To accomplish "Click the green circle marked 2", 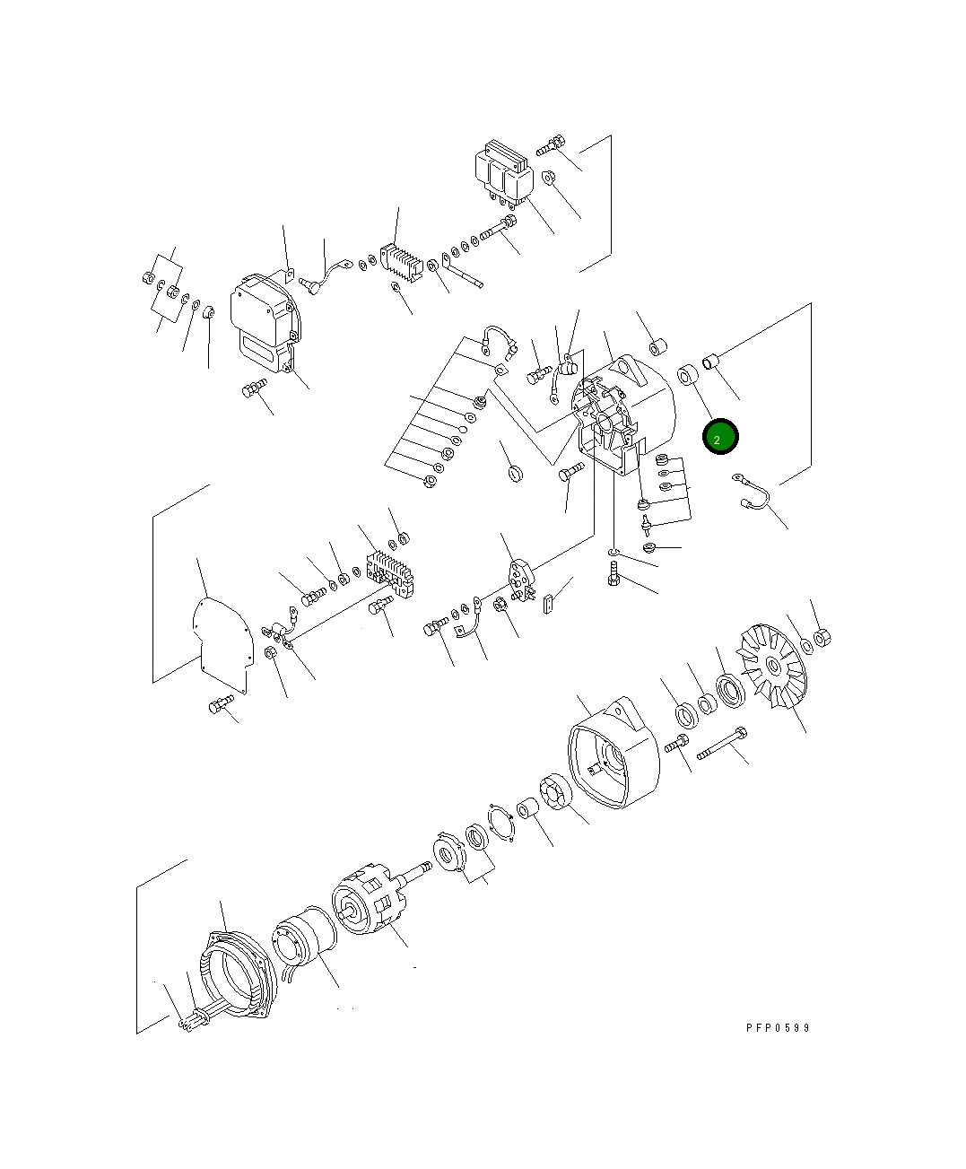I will tap(719, 437).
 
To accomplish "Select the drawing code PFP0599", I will tap(778, 1028).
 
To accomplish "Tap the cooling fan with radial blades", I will tap(770, 666).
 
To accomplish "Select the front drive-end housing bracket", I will tap(614, 755).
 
